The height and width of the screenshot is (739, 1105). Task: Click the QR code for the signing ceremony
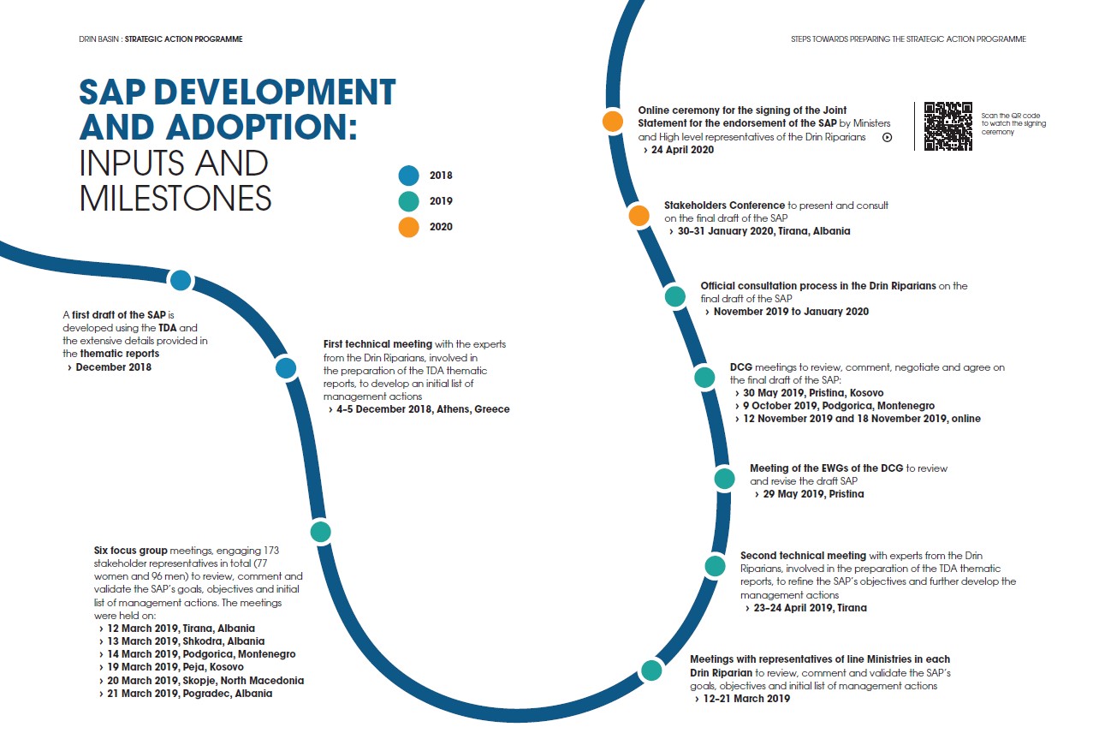pos(948,126)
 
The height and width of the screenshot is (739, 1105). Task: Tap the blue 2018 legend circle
pos(409,176)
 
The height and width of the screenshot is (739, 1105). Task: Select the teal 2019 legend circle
pos(409,201)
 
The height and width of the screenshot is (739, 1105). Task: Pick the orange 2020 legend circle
pos(409,227)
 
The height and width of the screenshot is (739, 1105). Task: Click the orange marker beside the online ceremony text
pos(613,121)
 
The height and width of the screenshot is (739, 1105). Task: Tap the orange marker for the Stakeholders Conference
pos(639,215)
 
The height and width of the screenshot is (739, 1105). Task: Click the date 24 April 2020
pos(682,150)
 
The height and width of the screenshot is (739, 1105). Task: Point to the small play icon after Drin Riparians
pos(887,137)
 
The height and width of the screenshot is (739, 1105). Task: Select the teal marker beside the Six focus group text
pos(320,531)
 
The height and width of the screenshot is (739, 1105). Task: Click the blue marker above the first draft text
pos(181,280)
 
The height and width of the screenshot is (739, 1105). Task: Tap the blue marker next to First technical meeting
pos(286,368)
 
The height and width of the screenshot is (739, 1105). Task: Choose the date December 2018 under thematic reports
pos(113,367)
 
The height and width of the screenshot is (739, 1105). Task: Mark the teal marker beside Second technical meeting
pos(715,565)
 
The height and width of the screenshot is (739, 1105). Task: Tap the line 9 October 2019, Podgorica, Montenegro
pos(839,406)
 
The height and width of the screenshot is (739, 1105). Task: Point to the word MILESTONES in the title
pos(175,198)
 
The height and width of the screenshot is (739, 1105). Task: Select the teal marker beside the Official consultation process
pos(675,296)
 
